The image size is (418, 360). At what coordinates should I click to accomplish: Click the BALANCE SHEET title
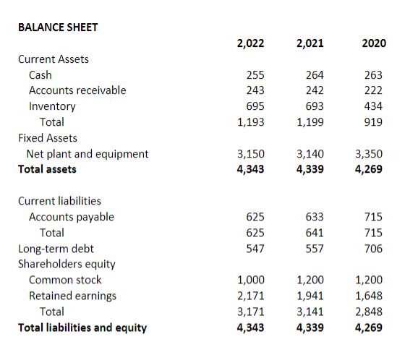(58, 27)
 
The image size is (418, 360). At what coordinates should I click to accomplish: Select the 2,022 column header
(250, 43)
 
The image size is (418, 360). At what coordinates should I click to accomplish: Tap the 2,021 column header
(310, 43)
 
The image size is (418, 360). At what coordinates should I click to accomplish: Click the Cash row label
(40, 74)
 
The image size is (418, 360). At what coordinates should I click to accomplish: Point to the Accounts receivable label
(77, 90)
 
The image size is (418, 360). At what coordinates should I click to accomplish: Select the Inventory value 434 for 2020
(375, 106)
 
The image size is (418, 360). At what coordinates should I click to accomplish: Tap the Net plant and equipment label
(88, 153)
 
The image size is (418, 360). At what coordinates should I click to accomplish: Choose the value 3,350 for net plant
(370, 153)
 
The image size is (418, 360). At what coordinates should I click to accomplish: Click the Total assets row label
(47, 169)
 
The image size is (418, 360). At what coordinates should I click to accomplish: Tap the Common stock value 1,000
(251, 280)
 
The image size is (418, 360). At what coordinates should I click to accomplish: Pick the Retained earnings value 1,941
(310, 296)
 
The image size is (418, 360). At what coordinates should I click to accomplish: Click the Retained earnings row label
(72, 296)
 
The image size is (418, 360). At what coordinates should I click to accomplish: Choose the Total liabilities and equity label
(82, 327)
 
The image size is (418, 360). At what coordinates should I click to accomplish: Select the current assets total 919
(375, 122)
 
